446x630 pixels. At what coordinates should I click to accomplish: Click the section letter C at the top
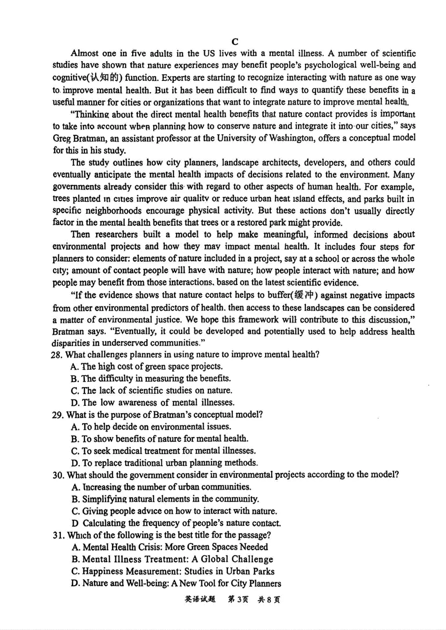pos(235,41)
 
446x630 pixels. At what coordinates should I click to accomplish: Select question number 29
pos(58,415)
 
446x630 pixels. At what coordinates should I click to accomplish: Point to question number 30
pos(58,475)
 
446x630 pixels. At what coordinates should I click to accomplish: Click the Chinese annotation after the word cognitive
pos(102,78)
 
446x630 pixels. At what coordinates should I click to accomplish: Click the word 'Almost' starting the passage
pos(85,53)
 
